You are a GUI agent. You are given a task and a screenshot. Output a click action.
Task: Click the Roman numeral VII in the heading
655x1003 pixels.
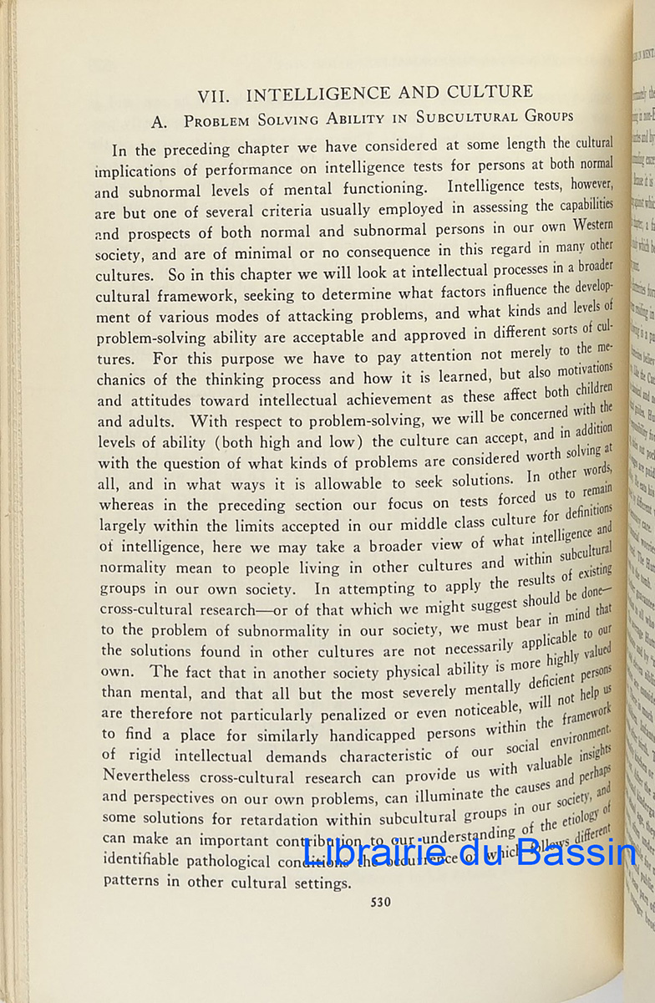click(215, 93)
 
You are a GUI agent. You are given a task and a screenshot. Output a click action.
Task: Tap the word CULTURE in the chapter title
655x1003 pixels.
click(477, 91)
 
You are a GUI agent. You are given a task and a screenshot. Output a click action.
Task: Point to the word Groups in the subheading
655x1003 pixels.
click(543, 116)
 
